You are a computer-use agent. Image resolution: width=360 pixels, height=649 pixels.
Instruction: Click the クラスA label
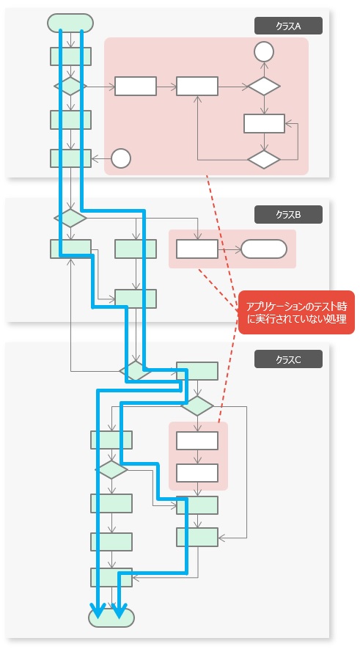click(x=288, y=26)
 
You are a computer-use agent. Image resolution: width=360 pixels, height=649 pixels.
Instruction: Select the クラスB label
click(x=288, y=214)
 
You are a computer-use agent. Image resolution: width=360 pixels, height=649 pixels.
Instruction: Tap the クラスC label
click(x=288, y=359)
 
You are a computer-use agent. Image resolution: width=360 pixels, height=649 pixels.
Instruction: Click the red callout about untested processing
click(x=296, y=312)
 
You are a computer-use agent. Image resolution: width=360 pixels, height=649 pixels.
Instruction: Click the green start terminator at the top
click(x=70, y=23)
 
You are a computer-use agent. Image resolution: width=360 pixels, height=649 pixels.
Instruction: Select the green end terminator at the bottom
click(x=111, y=618)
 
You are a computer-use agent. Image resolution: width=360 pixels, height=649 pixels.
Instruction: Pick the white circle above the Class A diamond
click(x=264, y=52)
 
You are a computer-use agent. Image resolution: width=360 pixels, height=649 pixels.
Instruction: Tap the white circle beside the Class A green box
click(x=121, y=158)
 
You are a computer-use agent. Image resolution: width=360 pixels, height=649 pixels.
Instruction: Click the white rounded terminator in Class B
click(x=264, y=249)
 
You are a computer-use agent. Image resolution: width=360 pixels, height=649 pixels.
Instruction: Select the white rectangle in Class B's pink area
click(x=197, y=249)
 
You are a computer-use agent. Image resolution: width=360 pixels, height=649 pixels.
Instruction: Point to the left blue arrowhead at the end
click(x=98, y=612)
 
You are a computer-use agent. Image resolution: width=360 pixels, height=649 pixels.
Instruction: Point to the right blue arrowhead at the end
click(x=120, y=612)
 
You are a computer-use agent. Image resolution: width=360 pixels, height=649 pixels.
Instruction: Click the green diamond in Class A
click(x=70, y=86)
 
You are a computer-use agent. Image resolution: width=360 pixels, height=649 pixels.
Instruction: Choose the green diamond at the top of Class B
click(x=70, y=218)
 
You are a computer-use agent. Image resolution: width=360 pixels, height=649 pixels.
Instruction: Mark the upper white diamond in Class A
click(x=264, y=86)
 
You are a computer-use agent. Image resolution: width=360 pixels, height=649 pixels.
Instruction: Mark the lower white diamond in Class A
click(x=264, y=159)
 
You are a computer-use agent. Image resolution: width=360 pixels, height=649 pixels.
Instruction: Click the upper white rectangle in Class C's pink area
click(x=197, y=441)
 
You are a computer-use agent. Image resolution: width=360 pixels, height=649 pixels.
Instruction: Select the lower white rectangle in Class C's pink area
click(x=197, y=473)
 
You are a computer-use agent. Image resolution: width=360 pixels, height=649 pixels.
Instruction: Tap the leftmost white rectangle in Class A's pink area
click(x=136, y=86)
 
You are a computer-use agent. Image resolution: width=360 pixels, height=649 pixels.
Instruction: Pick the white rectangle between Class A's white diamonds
click(x=264, y=123)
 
